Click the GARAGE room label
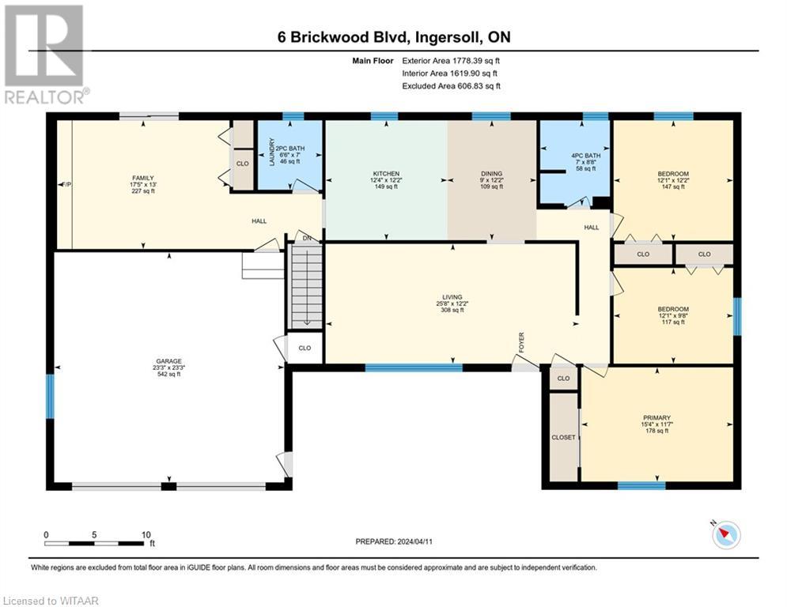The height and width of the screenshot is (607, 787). point(168,361)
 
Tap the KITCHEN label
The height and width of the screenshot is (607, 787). point(386,174)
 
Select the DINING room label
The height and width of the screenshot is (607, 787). point(491,174)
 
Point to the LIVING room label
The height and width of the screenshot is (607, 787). point(452,297)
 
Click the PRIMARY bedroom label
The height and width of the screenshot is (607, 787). point(657,418)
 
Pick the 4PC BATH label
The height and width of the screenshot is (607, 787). point(586,156)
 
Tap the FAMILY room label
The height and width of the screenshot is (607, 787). point(143,178)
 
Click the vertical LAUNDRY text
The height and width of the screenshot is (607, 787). point(272,152)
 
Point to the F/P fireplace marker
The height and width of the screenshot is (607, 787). point(66,185)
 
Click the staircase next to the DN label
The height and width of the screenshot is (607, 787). point(306,286)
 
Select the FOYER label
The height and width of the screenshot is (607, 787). point(521,342)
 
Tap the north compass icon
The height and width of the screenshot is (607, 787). point(726,535)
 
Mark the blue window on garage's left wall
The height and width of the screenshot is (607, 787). point(50,396)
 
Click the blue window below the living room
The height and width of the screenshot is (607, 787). point(414,368)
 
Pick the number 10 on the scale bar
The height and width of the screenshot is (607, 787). point(146,535)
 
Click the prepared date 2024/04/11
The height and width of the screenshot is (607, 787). point(414,541)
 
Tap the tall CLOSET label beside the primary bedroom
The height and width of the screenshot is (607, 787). point(563,437)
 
